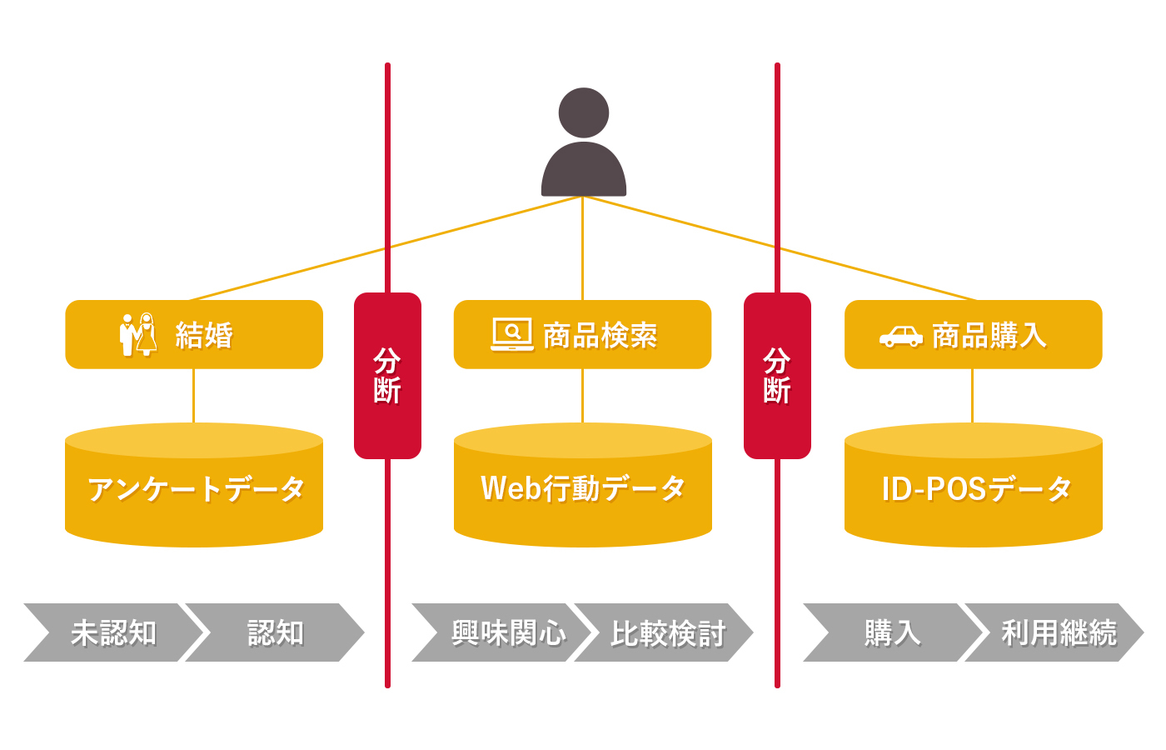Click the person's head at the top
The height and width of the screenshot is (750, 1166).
(x=583, y=112)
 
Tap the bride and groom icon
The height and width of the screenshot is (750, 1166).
(x=138, y=334)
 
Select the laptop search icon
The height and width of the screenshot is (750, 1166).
(x=512, y=334)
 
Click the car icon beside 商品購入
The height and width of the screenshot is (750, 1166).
(x=900, y=336)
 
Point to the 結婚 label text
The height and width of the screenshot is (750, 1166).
(x=204, y=335)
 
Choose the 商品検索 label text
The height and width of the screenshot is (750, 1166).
(x=600, y=335)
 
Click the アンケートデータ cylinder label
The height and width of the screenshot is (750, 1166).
(x=196, y=489)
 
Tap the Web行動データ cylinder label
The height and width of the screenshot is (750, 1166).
(x=583, y=489)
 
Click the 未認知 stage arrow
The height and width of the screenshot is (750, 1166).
(x=112, y=632)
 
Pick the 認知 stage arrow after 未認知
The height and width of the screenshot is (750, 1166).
(x=275, y=632)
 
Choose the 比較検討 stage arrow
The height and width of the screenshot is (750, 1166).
(x=666, y=632)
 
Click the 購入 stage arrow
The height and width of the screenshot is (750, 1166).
(x=891, y=632)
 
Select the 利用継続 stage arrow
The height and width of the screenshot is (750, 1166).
(x=1058, y=632)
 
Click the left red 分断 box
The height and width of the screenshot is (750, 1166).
(x=387, y=375)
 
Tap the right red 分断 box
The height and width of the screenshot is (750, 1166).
(x=777, y=375)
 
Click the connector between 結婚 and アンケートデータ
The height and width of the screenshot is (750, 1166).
(x=193, y=396)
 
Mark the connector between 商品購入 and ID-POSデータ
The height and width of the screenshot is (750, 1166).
(x=972, y=396)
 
